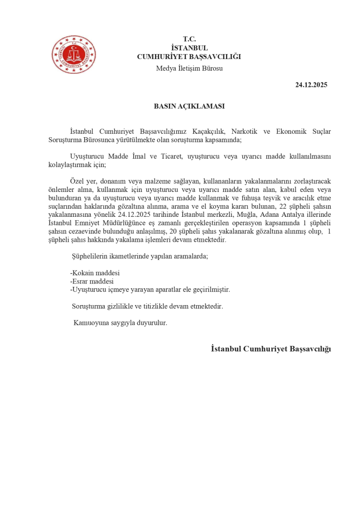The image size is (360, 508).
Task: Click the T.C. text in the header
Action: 189,39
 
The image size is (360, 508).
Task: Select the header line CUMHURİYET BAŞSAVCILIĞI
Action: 189,57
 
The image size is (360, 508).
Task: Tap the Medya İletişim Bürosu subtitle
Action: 189,68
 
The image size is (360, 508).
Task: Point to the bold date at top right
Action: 311,85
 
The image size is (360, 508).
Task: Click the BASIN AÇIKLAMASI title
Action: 189,106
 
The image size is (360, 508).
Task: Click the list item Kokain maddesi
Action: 95,273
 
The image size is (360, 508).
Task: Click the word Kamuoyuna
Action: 90,323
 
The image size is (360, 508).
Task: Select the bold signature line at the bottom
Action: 271,349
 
